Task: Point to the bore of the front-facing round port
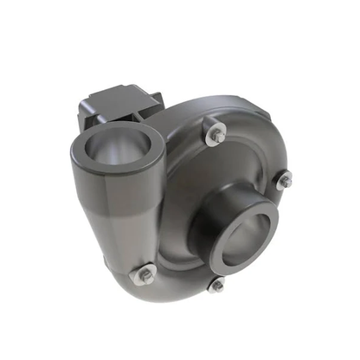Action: (248, 234)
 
